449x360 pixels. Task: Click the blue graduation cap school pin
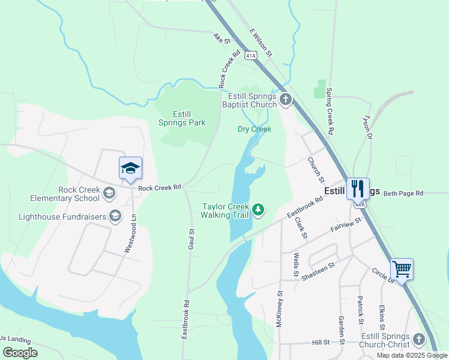[130, 169]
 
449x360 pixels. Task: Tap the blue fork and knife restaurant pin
[358, 189]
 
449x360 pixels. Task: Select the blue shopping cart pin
[402, 269]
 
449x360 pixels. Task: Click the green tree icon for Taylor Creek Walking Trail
[258, 209]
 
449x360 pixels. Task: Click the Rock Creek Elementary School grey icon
[109, 193]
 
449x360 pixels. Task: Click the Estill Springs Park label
[181, 118]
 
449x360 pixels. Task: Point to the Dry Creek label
[255, 129]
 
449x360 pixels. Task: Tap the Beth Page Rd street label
[403, 193]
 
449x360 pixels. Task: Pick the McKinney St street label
[280, 310]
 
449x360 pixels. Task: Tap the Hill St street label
[321, 342]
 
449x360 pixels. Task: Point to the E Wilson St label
[261, 43]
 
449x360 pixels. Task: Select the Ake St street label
[221, 39]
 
